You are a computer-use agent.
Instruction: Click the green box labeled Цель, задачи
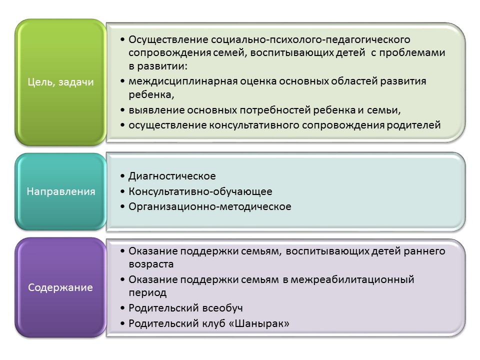coord(60,82)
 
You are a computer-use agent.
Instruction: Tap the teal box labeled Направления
coord(60,191)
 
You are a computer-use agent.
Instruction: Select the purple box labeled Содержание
coord(60,287)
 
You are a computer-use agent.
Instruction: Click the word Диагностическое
coord(172,176)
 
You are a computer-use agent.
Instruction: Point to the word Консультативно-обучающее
coord(200,191)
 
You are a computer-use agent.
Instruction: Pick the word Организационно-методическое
coord(210,206)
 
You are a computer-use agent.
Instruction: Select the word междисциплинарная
coord(183,81)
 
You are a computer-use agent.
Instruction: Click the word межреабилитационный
coord(352,279)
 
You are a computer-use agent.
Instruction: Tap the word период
coord(147,293)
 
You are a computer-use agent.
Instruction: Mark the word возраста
coord(151,264)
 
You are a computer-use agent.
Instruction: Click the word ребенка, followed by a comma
coord(151,95)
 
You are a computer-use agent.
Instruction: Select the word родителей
coord(413,125)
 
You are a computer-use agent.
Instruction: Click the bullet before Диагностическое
coord(122,176)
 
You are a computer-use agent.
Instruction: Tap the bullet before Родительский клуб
coord(122,323)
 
